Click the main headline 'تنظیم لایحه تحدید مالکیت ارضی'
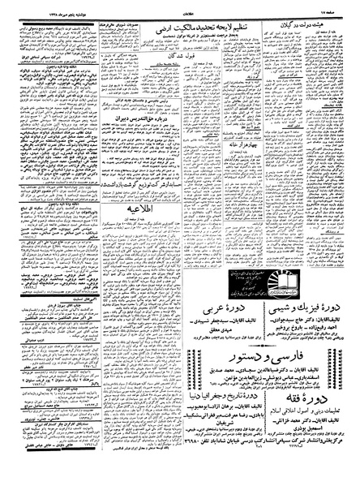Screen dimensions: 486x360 (194, 26)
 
